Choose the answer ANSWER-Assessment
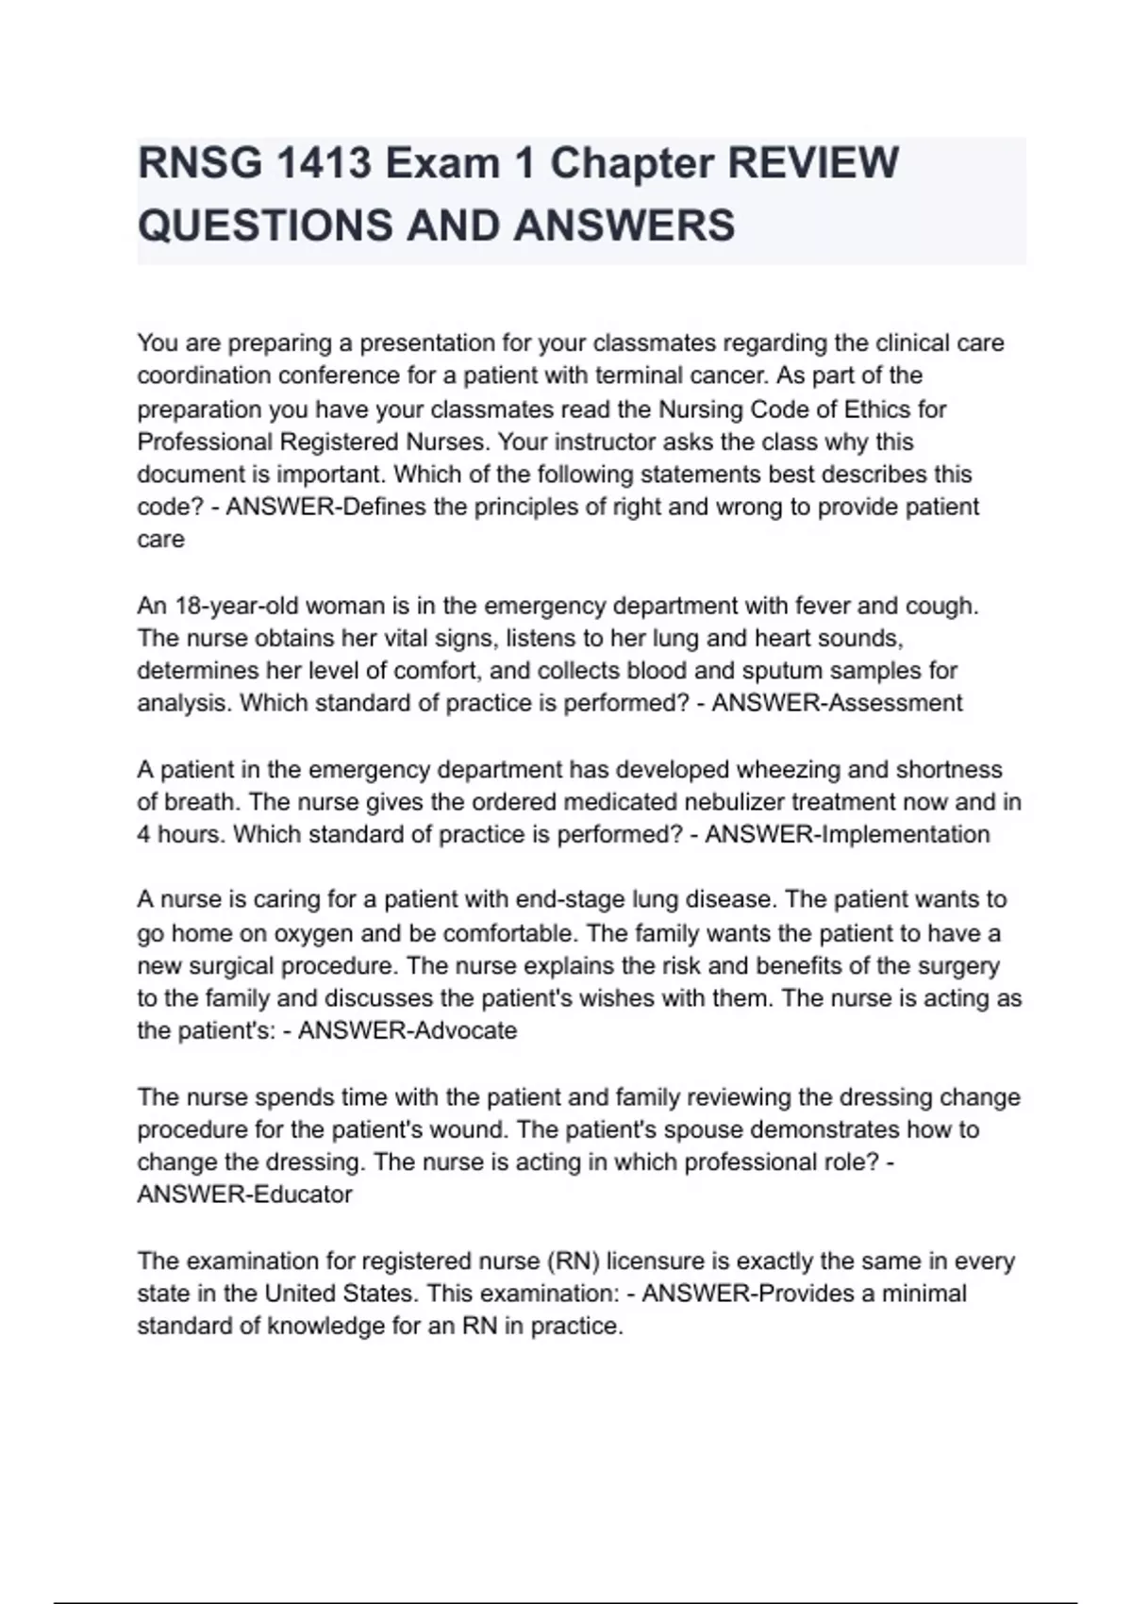[837, 704]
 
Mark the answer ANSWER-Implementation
[847, 835]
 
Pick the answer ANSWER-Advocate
[408, 1030]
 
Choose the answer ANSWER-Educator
[244, 1195]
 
